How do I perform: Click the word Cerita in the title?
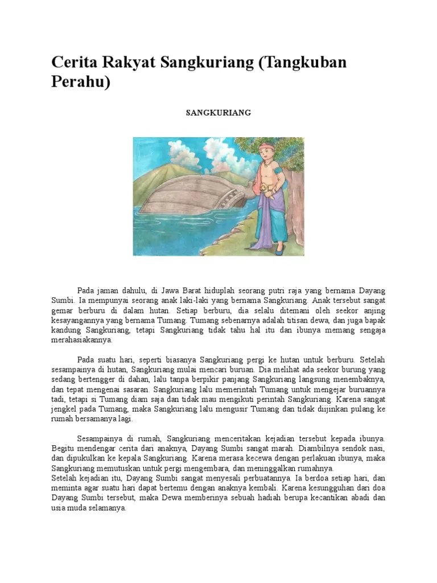(x=72, y=63)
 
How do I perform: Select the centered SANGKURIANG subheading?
(x=218, y=113)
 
